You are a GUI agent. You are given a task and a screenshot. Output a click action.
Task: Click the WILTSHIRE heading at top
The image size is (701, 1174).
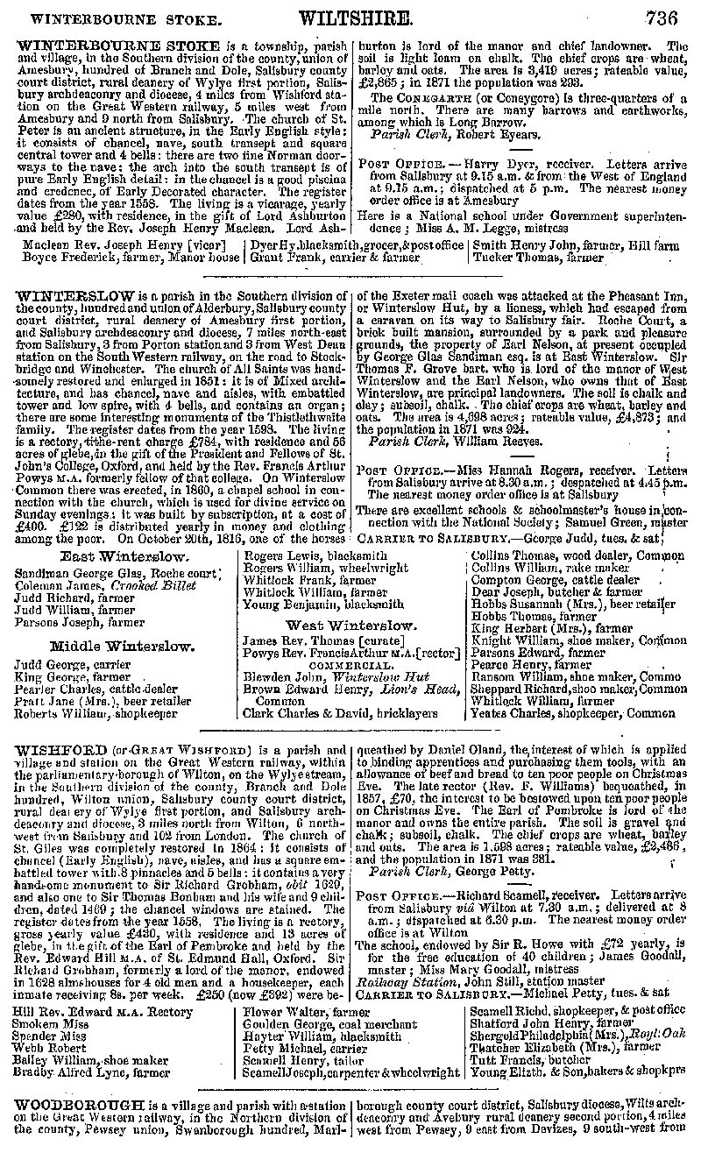355,18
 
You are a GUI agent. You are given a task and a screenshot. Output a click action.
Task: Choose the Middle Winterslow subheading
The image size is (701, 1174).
122,647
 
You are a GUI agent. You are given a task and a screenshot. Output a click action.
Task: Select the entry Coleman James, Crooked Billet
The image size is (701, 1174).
97,586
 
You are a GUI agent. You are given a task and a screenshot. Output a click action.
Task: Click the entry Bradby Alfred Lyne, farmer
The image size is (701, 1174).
93,1071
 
